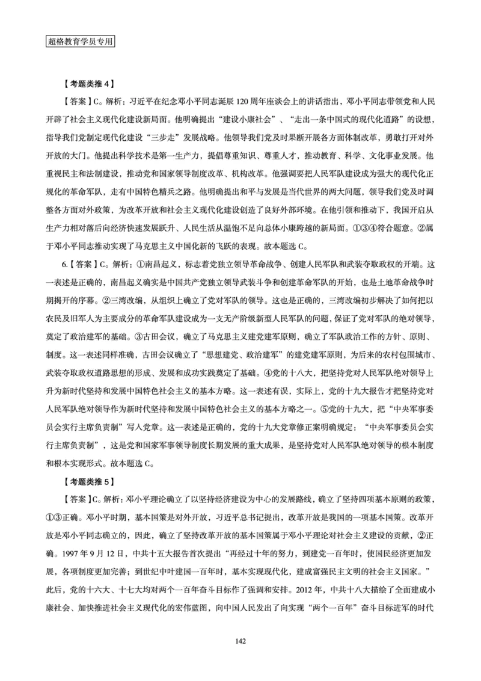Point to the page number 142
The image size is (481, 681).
coord(240,639)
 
